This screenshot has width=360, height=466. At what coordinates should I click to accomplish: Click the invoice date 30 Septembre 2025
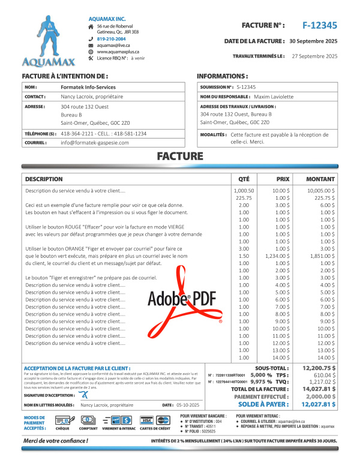(314, 41)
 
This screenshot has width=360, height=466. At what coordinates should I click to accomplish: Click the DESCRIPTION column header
(44, 179)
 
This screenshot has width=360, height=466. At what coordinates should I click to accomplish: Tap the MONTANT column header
(320, 179)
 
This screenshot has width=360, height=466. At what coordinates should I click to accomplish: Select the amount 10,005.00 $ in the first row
(323, 190)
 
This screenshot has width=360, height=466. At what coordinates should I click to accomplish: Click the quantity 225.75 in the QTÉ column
(244, 197)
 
